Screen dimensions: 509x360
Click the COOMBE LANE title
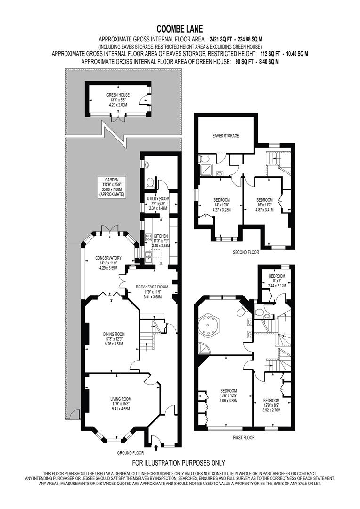[x=180, y=28]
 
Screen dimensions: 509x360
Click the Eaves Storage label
[x=225, y=136]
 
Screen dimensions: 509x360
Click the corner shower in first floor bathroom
[x=205, y=349]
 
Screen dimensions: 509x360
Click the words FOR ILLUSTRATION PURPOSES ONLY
[x=179, y=463]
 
